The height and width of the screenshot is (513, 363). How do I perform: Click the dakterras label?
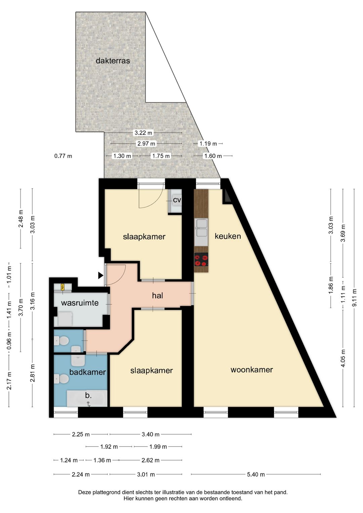[113, 61]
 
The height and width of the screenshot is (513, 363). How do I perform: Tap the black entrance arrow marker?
[100, 276]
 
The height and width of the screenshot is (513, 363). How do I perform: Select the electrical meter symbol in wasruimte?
[63, 287]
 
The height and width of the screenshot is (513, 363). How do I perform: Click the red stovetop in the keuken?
[201, 260]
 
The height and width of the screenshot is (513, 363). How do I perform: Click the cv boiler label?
[177, 200]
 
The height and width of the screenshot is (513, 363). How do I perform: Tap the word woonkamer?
[251, 370]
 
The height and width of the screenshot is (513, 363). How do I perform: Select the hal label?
[157, 295]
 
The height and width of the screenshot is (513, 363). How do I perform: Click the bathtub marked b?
[87, 398]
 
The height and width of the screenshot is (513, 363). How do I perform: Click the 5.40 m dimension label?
[256, 474]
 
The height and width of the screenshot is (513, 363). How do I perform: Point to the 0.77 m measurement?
[63, 156]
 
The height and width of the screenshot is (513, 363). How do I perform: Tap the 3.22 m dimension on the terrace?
[143, 133]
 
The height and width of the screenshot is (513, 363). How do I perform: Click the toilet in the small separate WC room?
[62, 341]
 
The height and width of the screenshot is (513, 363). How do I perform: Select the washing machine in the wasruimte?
[65, 319]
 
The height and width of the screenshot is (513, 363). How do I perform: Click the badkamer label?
[87, 372]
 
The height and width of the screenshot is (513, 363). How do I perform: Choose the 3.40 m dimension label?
[150, 434]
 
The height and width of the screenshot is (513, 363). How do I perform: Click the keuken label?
[228, 236]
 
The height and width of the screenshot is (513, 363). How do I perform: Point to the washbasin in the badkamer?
[78, 361]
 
